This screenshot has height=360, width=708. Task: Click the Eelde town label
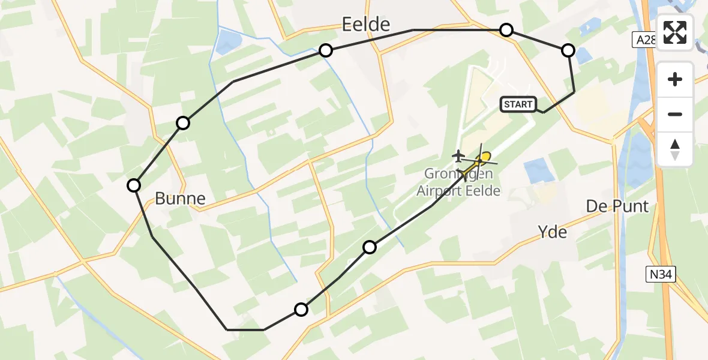click(x=365, y=24)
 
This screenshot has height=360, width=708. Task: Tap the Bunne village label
click(x=180, y=199)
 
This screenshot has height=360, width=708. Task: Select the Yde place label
click(x=553, y=232)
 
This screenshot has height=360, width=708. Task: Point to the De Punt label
click(x=617, y=206)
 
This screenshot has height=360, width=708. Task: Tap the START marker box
click(x=518, y=104)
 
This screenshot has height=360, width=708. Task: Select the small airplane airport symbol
click(x=459, y=157)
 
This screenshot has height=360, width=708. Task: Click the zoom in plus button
click(x=675, y=80)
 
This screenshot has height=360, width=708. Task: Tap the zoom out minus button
click(x=675, y=114)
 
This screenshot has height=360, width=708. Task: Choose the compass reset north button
click(x=675, y=149)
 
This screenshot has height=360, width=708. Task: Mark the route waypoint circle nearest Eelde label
click(x=326, y=50)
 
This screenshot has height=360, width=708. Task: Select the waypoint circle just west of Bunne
click(x=134, y=185)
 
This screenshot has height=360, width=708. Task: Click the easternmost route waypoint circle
click(x=568, y=50)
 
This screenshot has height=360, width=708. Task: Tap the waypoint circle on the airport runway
click(x=370, y=247)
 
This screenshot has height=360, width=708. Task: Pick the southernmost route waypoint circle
click(x=301, y=310)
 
